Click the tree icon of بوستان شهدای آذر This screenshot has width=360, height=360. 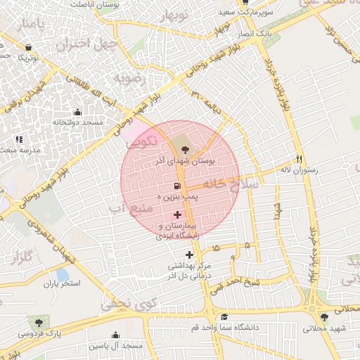click(184, 148)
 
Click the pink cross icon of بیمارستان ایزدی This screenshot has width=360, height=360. click(177, 214)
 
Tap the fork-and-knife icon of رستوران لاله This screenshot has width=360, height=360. click(299, 158)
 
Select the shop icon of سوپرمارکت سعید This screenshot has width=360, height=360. click(245, 2)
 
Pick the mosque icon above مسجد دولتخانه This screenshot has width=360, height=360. click(77, 112)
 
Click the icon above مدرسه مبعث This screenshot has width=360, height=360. click(19, 140)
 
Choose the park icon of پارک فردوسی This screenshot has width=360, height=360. click(39, 322)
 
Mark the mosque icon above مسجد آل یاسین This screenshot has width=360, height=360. click(115, 335)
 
